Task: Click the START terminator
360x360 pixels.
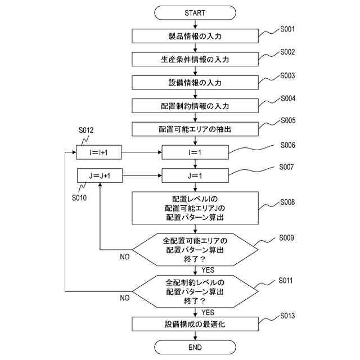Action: pyautogui.click(x=195, y=13)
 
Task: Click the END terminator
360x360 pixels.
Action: pyautogui.click(x=195, y=347)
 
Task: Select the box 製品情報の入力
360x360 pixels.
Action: pyautogui.click(x=195, y=36)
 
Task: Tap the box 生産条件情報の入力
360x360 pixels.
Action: pyautogui.click(x=195, y=59)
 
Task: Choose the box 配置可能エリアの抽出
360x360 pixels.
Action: pyautogui.click(x=195, y=129)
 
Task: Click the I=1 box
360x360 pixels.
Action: pyautogui.click(x=195, y=152)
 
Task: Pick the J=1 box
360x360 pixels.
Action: pyautogui.click(x=195, y=175)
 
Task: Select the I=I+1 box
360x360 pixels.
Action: pyautogui.click(x=99, y=152)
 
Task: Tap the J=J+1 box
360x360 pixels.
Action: pyautogui.click(x=100, y=175)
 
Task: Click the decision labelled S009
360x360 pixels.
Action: pyautogui.click(x=195, y=250)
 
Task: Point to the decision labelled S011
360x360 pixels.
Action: pyautogui.click(x=195, y=291)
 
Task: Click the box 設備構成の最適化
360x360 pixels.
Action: pyautogui.click(x=195, y=324)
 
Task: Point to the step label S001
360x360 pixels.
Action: pyautogui.click(x=287, y=29)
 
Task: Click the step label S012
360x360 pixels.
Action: pyautogui.click(x=86, y=130)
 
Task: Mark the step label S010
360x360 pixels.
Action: pyautogui.click(x=79, y=197)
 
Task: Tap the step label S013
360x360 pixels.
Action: pyautogui.click(x=287, y=316)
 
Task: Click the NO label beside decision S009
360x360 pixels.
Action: pyautogui.click(x=125, y=256)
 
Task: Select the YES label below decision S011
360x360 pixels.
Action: pyautogui.click(x=208, y=312)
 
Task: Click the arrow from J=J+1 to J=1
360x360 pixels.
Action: pyautogui.click(x=142, y=175)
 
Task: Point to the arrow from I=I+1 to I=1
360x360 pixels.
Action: pyautogui.click(x=142, y=152)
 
